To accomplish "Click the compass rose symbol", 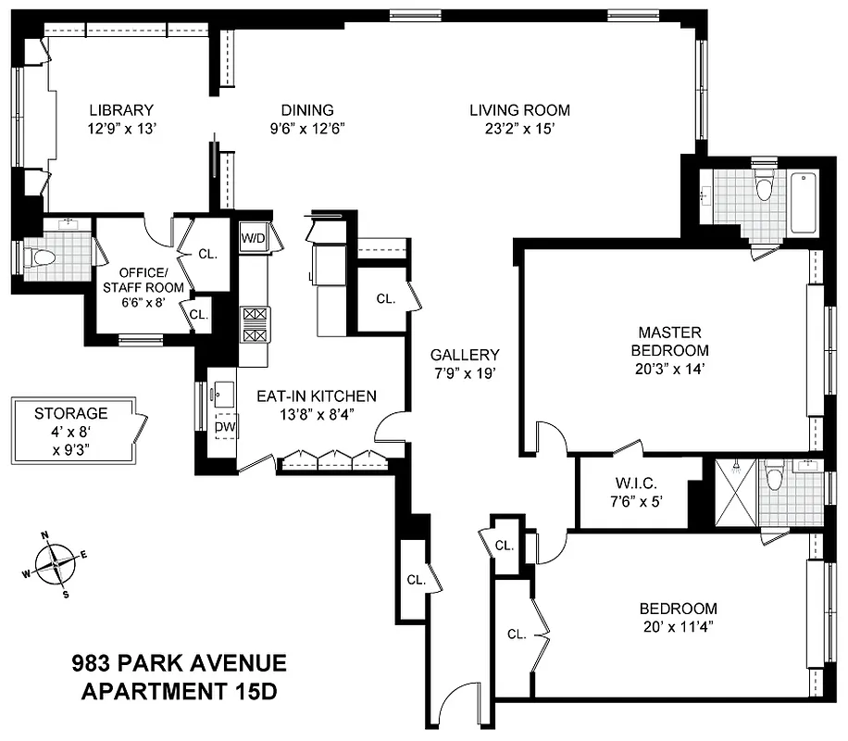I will (x=56, y=563).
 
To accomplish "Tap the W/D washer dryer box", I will (x=253, y=237).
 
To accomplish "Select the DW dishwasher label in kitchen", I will (x=224, y=427).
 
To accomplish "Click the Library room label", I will (x=121, y=110).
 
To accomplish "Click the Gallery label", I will (x=465, y=355).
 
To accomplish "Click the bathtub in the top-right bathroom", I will (x=802, y=204).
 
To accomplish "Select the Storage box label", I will (x=71, y=413).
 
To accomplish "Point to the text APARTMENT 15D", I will (x=179, y=691).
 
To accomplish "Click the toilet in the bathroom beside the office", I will (x=39, y=257).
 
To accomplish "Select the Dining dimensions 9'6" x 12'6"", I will (x=308, y=130).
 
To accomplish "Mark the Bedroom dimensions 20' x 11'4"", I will (x=679, y=628).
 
